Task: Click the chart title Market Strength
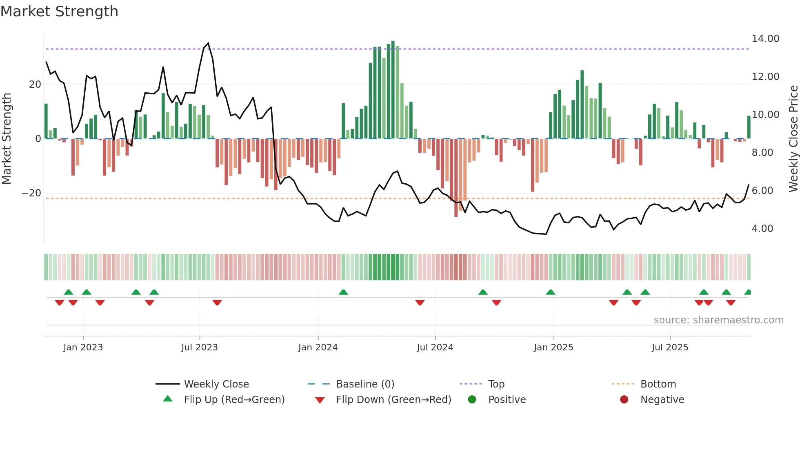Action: pos(59,11)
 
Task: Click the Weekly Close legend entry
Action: pos(216,384)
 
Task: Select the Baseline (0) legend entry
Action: pos(365,384)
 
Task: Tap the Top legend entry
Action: pos(496,384)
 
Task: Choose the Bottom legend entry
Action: pos(658,384)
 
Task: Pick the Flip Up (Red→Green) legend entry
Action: pos(234,399)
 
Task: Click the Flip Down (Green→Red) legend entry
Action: pos(393,399)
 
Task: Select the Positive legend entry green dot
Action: pos(472,399)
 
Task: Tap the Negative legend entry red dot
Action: pos(624,399)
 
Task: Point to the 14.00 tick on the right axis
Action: pos(765,39)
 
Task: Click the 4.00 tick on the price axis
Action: pos(762,229)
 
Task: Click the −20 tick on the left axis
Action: pos(31,193)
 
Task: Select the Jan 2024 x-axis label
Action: pos(318,348)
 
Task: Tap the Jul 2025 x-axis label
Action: pos(670,348)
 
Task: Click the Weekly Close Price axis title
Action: pos(793,139)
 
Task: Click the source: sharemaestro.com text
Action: pos(718,320)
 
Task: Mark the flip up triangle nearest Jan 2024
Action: pos(343,292)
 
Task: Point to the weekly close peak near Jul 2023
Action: pos(208,43)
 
